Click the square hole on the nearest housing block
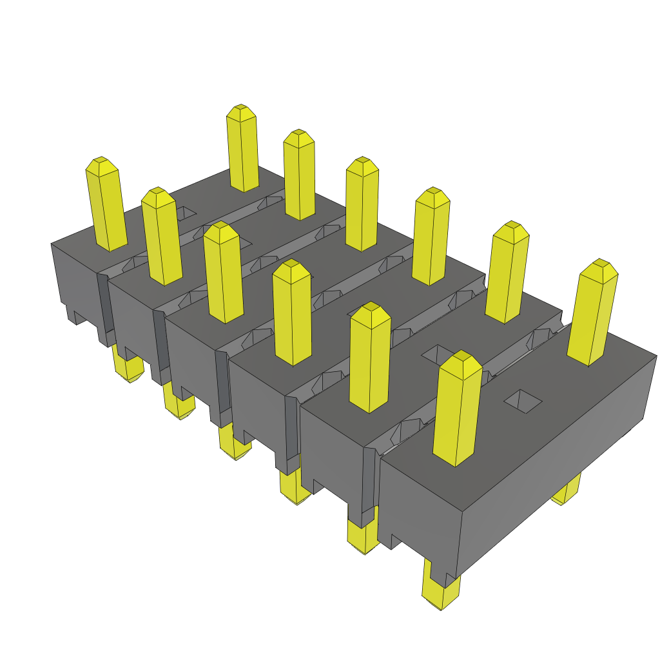523,401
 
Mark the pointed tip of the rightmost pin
601,264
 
